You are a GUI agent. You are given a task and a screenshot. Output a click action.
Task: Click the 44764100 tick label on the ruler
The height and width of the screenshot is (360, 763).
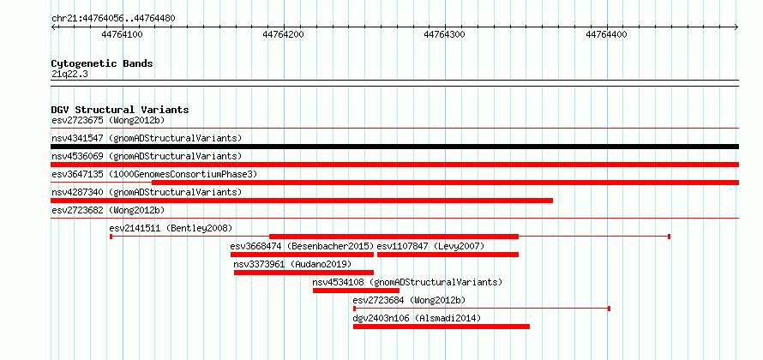click(122, 34)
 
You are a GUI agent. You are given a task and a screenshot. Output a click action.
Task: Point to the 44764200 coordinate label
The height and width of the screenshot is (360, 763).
click(283, 34)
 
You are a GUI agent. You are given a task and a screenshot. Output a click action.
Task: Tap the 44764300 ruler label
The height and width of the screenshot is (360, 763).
click(445, 34)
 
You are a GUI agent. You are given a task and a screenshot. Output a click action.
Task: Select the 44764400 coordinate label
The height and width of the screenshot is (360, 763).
click(606, 34)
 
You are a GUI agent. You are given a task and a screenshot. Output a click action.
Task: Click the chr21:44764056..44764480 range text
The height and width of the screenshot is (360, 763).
click(113, 19)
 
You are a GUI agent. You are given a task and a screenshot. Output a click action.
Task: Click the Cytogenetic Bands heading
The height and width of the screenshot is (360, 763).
click(102, 63)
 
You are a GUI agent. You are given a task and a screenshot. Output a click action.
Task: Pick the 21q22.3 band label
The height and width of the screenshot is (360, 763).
click(69, 75)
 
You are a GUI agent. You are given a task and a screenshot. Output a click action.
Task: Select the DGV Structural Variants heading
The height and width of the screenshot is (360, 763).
click(120, 110)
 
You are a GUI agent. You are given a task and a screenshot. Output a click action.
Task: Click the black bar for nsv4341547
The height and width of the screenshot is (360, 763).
click(394, 147)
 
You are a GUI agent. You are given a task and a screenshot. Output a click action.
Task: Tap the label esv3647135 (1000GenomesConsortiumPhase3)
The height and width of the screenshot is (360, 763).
click(154, 174)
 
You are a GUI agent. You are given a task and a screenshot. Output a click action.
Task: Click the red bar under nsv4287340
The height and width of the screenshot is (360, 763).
click(302, 201)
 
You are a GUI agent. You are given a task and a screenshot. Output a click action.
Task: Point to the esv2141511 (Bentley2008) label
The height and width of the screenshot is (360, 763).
click(171, 228)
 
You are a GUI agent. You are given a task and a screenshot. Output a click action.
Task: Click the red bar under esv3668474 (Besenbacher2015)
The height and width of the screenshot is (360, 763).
click(302, 255)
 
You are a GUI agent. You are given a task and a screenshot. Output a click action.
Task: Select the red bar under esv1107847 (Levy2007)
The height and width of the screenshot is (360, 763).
click(448, 255)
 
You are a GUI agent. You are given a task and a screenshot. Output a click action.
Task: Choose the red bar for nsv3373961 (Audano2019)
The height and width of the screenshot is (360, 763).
click(303, 273)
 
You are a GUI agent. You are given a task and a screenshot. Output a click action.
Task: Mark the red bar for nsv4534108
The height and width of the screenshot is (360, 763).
click(356, 291)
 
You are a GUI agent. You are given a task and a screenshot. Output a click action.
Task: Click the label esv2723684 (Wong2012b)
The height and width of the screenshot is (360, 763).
click(409, 300)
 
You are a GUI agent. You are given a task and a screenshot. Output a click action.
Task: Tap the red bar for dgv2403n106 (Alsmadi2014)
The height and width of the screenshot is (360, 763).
click(442, 327)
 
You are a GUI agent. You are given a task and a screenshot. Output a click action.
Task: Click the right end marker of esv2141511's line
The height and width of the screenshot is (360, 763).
click(669, 237)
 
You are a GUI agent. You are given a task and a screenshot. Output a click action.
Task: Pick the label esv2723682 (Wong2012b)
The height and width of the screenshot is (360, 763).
click(108, 210)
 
